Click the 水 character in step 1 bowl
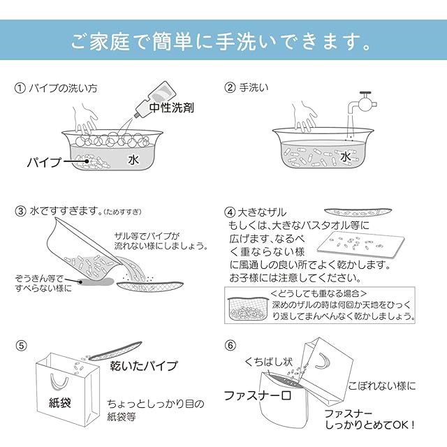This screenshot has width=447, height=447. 134,160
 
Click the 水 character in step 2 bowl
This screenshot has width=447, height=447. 346,156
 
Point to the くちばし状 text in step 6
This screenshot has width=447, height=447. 265,362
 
